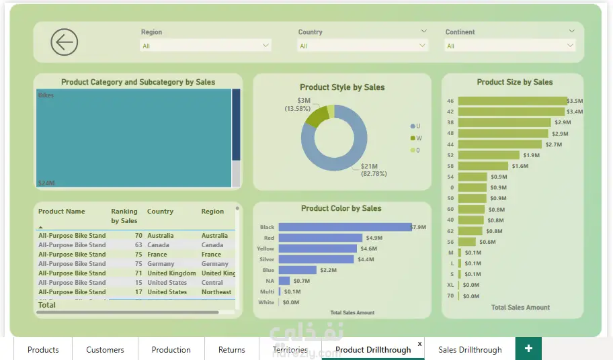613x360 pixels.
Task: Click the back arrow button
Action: pyautogui.click(x=65, y=42)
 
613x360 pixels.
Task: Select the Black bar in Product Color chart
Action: pyautogui.click(x=344, y=227)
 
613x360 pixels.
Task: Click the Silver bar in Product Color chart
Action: pyautogui.click(x=316, y=259)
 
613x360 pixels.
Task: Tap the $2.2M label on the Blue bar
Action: pyautogui.click(x=328, y=270)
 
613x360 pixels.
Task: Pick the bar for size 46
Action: pyautogui.click(x=512, y=101)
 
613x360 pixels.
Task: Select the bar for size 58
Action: pyautogui.click(x=483, y=166)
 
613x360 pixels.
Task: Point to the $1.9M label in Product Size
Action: pyautogui.click(x=531, y=155)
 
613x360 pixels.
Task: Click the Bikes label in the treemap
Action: pyautogui.click(x=46, y=95)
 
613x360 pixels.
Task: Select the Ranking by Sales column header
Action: pyautogui.click(x=124, y=216)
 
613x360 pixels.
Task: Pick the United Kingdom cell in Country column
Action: pyautogui.click(x=171, y=273)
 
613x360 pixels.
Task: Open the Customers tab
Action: pyautogui.click(x=105, y=349)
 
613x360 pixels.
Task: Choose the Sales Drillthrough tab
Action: pyautogui.click(x=470, y=349)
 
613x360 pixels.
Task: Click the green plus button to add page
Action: pyautogui.click(x=528, y=349)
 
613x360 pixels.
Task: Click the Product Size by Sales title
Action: pyautogui.click(x=514, y=82)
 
